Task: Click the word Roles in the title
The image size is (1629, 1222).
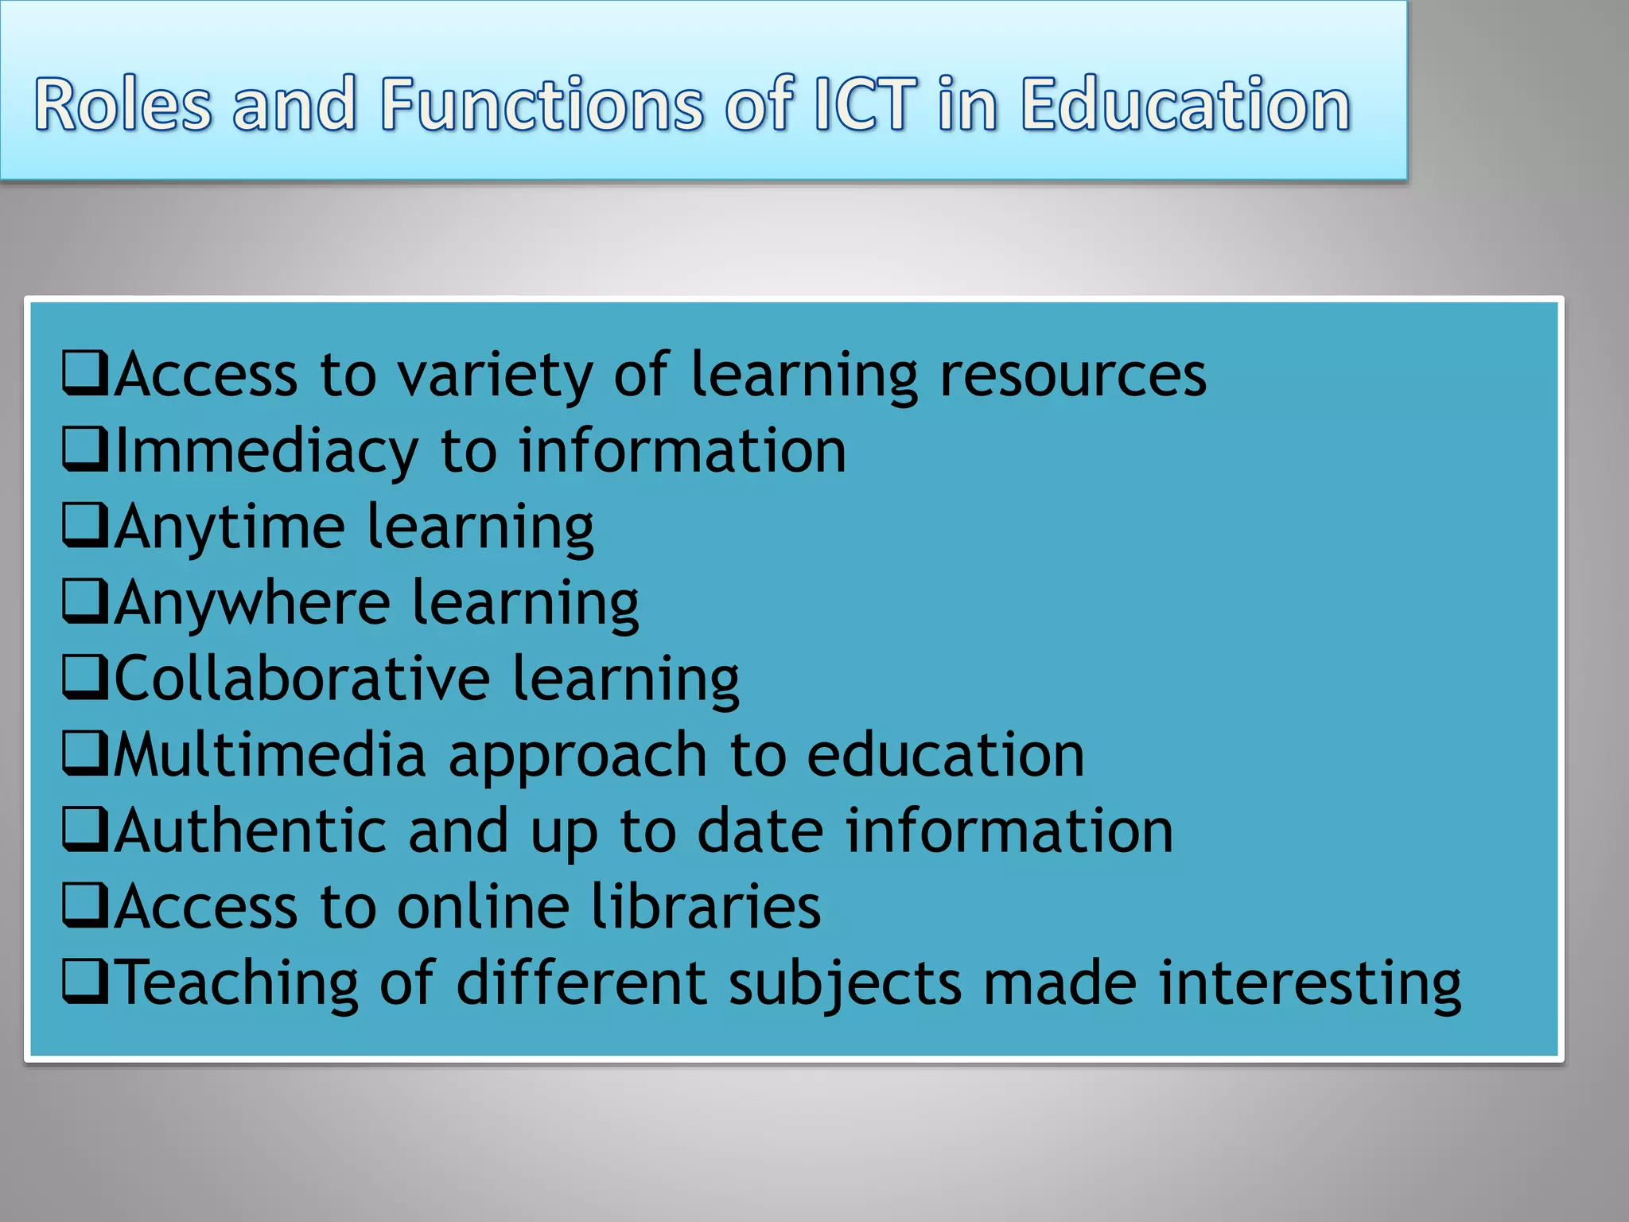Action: [123, 104]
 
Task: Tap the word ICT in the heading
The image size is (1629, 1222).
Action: [864, 104]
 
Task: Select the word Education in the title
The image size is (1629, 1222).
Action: [1185, 104]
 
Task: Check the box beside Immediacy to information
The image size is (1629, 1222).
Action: [85, 450]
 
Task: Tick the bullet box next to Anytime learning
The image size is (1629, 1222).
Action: [85, 526]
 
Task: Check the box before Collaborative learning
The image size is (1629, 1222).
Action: [85, 678]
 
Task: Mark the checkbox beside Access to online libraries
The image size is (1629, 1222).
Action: [85, 906]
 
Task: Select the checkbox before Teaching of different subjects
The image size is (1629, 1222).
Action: [85, 982]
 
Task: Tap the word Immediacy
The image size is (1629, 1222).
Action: [267, 452]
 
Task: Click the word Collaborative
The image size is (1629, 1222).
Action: [303, 679]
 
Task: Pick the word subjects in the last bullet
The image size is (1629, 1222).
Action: [845, 983]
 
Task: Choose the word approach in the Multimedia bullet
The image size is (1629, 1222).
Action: [577, 756]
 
